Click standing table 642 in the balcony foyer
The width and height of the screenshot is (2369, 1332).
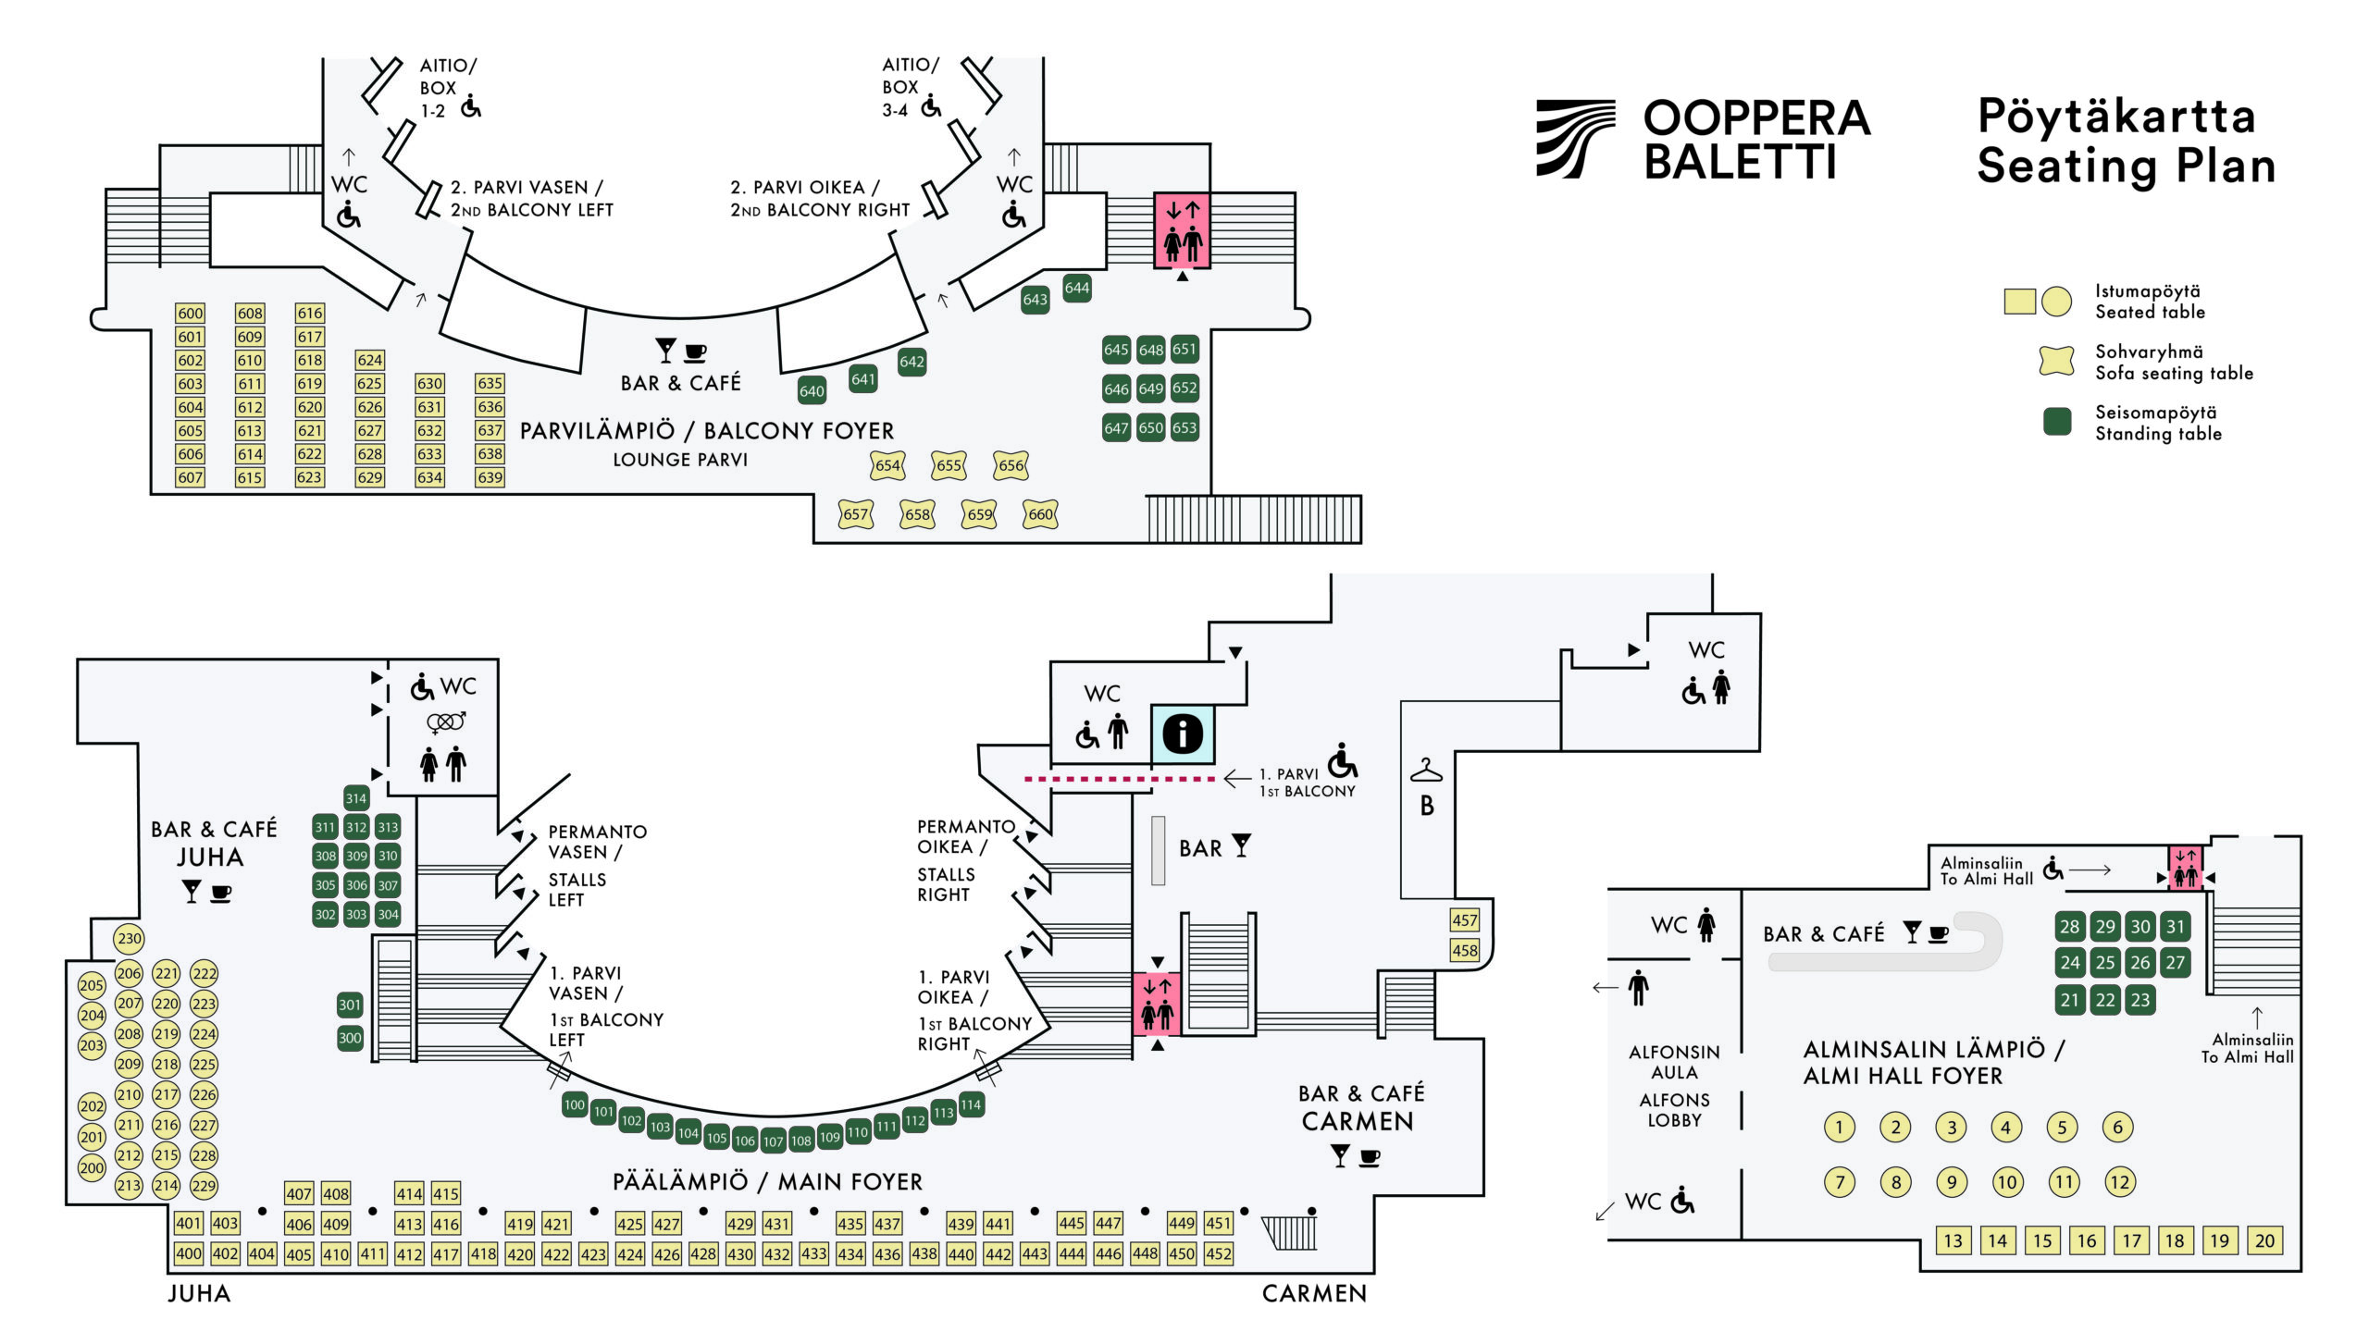(912, 362)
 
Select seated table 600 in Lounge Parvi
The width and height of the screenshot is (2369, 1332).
(190, 314)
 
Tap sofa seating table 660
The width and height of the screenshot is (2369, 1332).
(1040, 514)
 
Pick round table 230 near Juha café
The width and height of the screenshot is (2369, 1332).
(130, 938)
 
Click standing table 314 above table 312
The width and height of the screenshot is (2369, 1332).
(356, 797)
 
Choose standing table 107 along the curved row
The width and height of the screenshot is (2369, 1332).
(773, 1141)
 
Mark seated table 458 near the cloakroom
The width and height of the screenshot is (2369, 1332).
(1464, 950)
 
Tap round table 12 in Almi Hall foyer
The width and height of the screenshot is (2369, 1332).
(2119, 1181)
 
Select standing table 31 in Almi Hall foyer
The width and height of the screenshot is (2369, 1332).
(2175, 926)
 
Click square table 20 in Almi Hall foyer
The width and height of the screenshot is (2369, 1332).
(2264, 1240)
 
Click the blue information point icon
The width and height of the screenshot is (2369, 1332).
(1182, 734)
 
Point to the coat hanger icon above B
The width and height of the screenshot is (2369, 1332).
(1426, 771)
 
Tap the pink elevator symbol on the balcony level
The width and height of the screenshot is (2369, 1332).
(1182, 230)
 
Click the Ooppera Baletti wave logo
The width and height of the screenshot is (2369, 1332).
(1575, 139)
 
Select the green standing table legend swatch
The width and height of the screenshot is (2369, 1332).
(2056, 422)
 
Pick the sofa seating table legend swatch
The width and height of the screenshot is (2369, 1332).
(2056, 361)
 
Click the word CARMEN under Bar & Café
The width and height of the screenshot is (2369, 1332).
(1357, 1121)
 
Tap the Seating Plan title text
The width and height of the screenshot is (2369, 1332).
(2126, 166)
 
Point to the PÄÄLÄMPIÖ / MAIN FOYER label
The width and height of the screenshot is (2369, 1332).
(767, 1181)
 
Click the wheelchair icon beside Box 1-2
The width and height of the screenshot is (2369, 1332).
(471, 106)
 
